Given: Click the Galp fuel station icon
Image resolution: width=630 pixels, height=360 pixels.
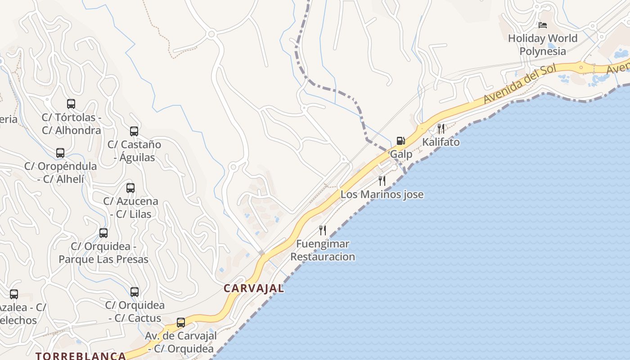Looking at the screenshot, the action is pyautogui.click(x=400, y=141).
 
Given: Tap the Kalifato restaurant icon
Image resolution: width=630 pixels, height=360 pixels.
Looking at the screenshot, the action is pyautogui.click(x=441, y=129).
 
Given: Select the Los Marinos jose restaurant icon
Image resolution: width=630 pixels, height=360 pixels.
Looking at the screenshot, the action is pyautogui.click(x=382, y=181).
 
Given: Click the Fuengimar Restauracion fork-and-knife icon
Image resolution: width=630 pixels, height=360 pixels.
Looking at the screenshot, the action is pyautogui.click(x=323, y=230).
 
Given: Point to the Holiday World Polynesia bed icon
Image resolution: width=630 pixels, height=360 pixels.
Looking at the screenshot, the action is pyautogui.click(x=543, y=25).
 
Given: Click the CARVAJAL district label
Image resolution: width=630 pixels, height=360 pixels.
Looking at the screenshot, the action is pyautogui.click(x=254, y=288).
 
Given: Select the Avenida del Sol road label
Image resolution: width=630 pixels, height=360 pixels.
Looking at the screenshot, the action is pyautogui.click(x=520, y=84).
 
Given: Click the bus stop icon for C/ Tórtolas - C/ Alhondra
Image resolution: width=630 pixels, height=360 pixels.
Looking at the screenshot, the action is pyautogui.click(x=71, y=104).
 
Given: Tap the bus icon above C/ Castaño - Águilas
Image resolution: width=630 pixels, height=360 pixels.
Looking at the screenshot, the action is pyautogui.click(x=134, y=131).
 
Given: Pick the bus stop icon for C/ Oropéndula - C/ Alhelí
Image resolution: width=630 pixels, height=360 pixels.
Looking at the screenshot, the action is pyautogui.click(x=60, y=153).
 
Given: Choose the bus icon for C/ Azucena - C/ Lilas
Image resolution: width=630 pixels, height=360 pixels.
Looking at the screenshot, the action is pyautogui.click(x=130, y=188).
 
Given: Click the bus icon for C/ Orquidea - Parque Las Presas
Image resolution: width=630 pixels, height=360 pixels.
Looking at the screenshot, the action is pyautogui.click(x=103, y=233).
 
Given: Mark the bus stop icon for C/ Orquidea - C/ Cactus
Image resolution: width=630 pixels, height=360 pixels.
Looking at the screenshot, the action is pyautogui.click(x=135, y=292).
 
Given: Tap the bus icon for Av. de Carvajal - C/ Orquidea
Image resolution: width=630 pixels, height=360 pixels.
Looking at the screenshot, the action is pyautogui.click(x=181, y=323).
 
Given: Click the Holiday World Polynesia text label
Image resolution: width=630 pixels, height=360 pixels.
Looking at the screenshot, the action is pyautogui.click(x=543, y=45).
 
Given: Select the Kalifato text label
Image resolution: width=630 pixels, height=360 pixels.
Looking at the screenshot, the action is pyautogui.click(x=441, y=142).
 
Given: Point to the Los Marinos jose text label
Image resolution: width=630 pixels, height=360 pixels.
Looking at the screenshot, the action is pyautogui.click(x=382, y=194).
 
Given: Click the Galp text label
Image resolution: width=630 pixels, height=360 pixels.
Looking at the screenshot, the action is pyautogui.click(x=400, y=154).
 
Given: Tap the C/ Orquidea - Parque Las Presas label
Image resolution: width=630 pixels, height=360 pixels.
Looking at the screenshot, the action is pyautogui.click(x=103, y=253).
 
